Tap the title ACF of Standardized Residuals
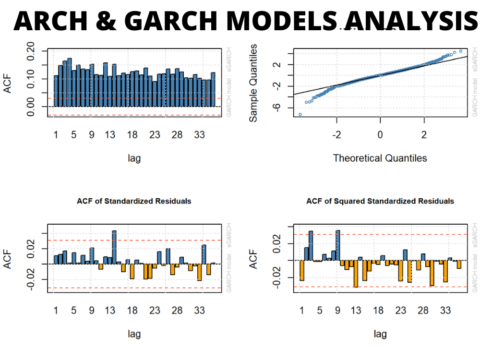[x=134, y=201]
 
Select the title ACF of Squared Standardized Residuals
[x=380, y=201]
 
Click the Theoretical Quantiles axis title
[x=380, y=158]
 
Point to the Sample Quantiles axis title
[x=253, y=83]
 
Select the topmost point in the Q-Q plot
[x=461, y=51]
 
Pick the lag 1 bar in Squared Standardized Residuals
[x=302, y=270]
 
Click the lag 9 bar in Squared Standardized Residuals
[x=338, y=245]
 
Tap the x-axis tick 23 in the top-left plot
[x=155, y=135]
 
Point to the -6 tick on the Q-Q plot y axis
[x=277, y=108]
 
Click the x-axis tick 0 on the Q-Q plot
[x=380, y=135]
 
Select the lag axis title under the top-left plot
[x=134, y=158]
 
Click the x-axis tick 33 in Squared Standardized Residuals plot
[x=445, y=311]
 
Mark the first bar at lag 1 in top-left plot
[x=56, y=91]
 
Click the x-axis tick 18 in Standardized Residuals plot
[x=132, y=311]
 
